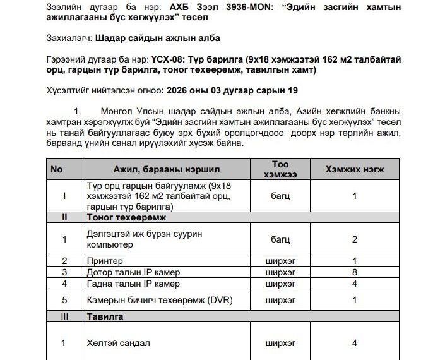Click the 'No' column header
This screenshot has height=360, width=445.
point(57,169)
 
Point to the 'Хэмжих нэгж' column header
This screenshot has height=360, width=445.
point(354,169)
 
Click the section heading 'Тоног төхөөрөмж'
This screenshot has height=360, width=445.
point(126,217)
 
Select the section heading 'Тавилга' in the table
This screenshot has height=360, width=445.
point(105,316)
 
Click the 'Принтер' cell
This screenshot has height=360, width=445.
point(105,261)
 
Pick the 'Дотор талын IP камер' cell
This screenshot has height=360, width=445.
point(133,272)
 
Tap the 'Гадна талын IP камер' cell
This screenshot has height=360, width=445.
point(133,284)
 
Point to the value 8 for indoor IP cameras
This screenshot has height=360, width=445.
point(355,272)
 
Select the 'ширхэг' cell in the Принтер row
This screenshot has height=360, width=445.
point(280,261)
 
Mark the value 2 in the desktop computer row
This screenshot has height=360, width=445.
point(355,239)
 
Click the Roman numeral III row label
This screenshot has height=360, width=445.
point(64,316)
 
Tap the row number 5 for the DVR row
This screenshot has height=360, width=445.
point(64,300)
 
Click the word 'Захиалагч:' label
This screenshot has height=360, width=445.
point(69,38)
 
